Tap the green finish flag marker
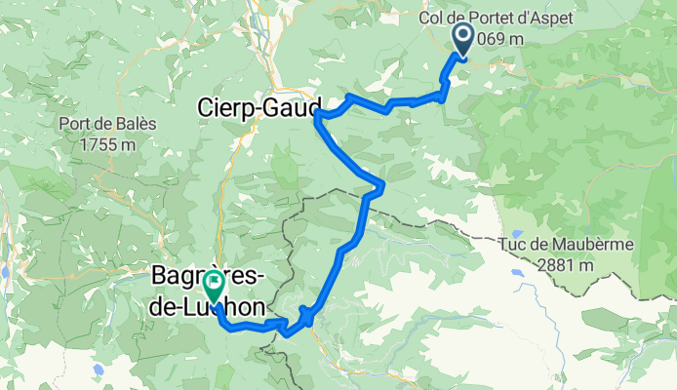coord(213,285)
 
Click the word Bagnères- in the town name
coord(205,277)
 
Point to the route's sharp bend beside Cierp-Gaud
coord(319,116)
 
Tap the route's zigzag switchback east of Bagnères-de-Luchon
coord(306,315)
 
